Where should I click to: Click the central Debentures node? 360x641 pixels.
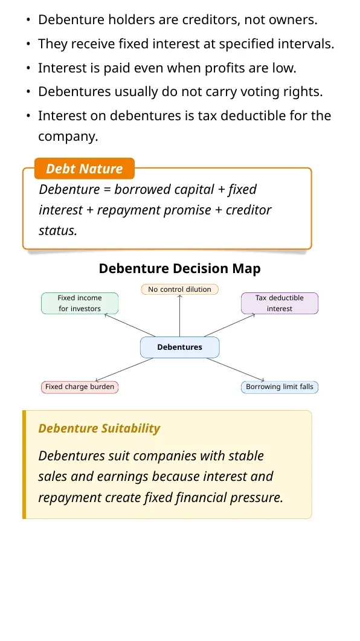pyautogui.click(x=180, y=347)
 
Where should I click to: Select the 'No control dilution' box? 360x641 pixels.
pyautogui.click(x=180, y=289)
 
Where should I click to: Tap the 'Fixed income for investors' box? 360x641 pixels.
pyautogui.click(x=80, y=303)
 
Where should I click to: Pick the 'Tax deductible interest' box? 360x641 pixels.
pyautogui.click(x=280, y=303)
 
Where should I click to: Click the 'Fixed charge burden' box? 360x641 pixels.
pyautogui.click(x=80, y=387)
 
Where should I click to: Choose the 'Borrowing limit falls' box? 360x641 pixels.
pyautogui.click(x=280, y=387)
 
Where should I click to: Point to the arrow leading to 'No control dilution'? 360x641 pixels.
pyautogui.click(x=180, y=315)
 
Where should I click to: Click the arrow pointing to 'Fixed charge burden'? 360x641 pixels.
pyautogui.click(x=124, y=370)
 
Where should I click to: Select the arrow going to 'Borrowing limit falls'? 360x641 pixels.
pyautogui.click(x=236, y=370)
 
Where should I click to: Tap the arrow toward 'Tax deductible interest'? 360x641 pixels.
pyautogui.click(x=230, y=326)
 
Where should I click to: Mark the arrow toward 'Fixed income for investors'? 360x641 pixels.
pyautogui.click(x=130, y=326)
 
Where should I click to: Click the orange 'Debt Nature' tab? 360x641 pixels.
pyautogui.click(x=84, y=169)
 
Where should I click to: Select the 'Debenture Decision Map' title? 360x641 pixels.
pyautogui.click(x=180, y=269)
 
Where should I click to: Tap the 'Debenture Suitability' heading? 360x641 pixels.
pyautogui.click(x=99, y=428)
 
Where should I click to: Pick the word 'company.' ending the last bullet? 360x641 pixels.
pyautogui.click(x=68, y=137)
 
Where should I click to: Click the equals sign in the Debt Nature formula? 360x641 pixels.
pyautogui.click(x=107, y=190)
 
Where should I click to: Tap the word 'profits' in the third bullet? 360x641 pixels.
pyautogui.click(x=224, y=68)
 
